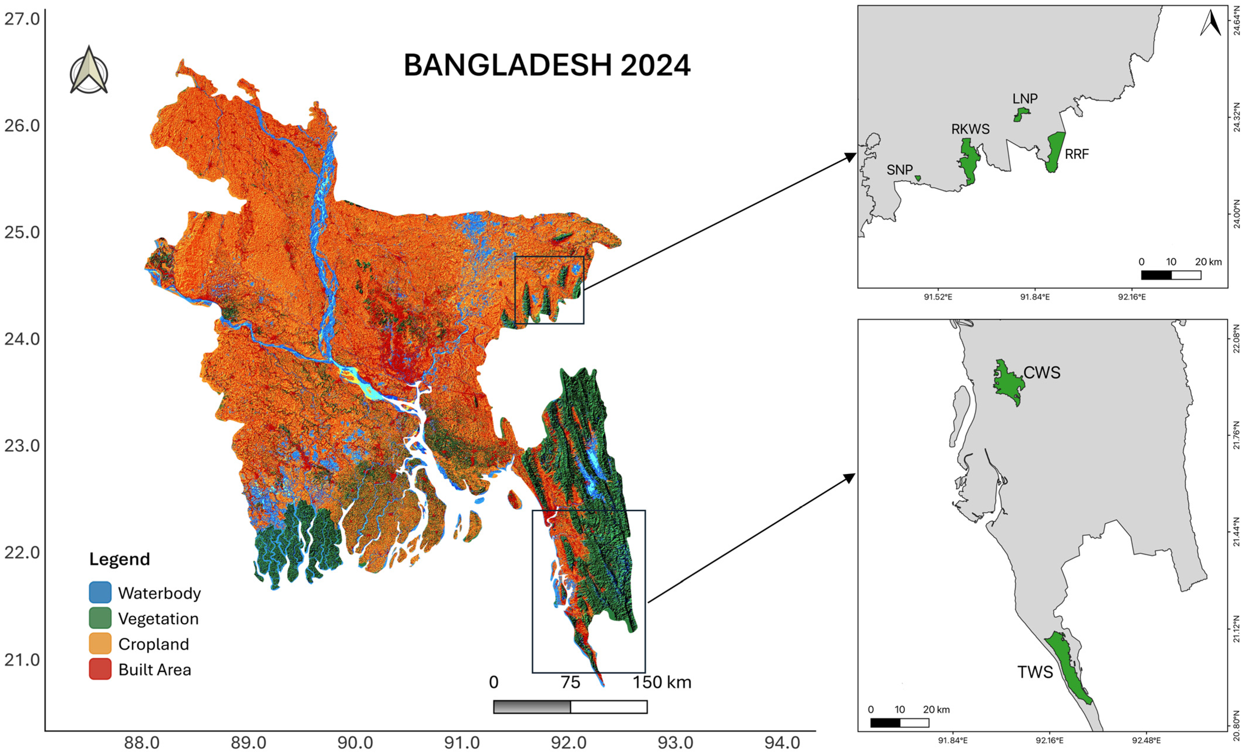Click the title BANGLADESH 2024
[547, 66]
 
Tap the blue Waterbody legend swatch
[100, 592]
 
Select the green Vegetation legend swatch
[100, 618]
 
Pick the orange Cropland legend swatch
[100, 644]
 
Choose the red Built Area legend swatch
[100, 669]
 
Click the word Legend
[120, 559]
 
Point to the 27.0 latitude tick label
[22, 19]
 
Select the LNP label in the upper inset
[1025, 98]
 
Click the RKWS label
[970, 129]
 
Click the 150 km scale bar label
[662, 682]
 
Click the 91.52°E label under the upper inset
[938, 297]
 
